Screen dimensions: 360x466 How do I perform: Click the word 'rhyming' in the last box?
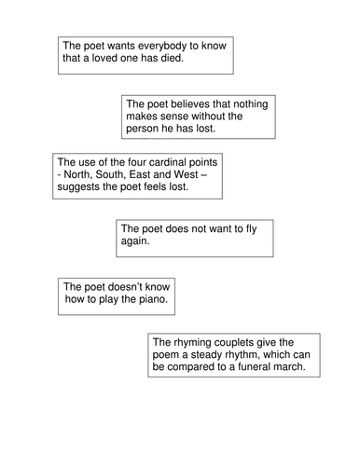point(196,342)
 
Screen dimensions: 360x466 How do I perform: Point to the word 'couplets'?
point(244,342)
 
